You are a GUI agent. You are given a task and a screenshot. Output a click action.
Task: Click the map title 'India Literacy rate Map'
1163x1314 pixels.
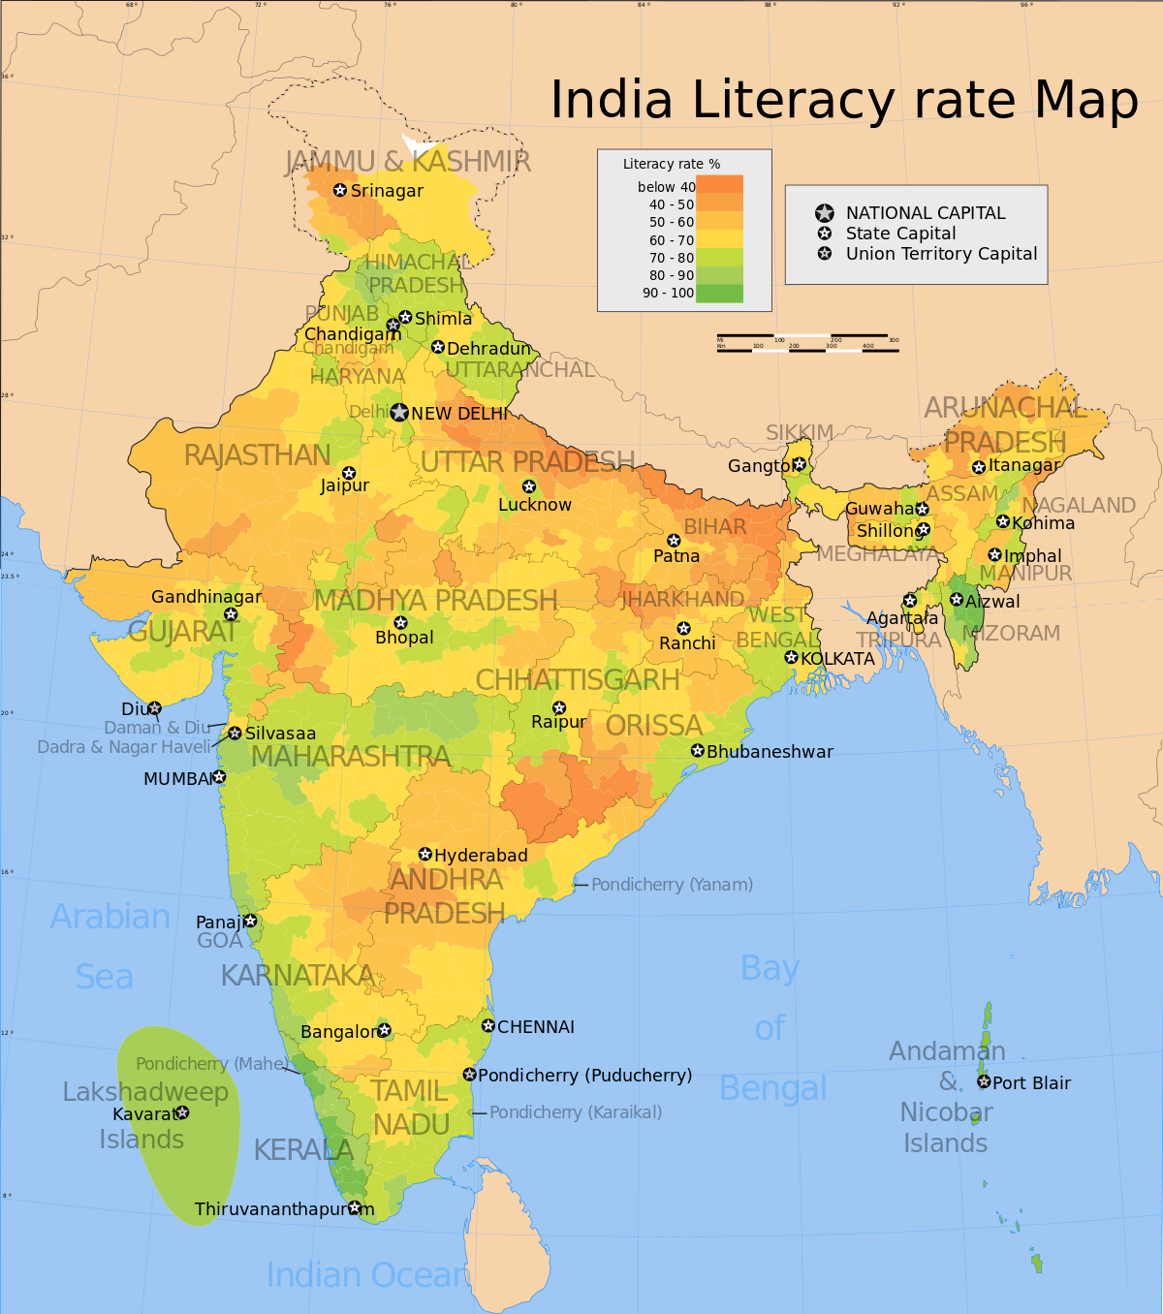click(843, 101)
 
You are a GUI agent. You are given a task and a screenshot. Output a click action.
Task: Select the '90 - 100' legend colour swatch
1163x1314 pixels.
click(719, 293)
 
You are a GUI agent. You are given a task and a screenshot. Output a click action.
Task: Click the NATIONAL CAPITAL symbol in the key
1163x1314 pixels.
click(825, 213)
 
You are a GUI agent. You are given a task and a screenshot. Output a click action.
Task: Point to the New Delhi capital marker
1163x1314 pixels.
click(399, 413)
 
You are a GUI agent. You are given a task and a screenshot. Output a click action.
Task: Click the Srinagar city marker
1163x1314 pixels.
click(340, 190)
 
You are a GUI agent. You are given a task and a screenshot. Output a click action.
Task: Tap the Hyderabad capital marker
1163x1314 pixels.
click(425, 854)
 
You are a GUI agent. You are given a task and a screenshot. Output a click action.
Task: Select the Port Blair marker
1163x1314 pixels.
click(984, 1081)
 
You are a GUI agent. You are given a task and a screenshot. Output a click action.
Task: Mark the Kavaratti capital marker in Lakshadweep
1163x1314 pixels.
click(182, 1112)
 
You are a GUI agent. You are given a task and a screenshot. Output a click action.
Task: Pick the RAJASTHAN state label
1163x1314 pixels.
click(257, 455)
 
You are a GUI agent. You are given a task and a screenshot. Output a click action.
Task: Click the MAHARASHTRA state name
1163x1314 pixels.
click(350, 757)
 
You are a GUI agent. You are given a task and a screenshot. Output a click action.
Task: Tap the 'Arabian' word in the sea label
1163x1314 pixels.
click(110, 917)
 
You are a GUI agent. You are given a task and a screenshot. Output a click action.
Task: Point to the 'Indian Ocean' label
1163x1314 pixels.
click(367, 1275)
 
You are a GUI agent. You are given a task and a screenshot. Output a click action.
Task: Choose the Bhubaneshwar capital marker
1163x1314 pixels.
click(697, 751)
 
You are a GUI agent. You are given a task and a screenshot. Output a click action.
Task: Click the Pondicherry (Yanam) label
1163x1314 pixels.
click(672, 885)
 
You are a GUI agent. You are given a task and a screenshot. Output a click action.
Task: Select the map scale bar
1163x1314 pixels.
click(807, 343)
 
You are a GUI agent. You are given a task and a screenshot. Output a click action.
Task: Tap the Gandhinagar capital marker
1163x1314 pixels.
click(231, 614)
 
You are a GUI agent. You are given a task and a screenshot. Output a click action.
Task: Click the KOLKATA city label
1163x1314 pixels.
click(837, 659)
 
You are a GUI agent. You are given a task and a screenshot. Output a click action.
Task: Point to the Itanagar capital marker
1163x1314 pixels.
click(979, 467)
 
